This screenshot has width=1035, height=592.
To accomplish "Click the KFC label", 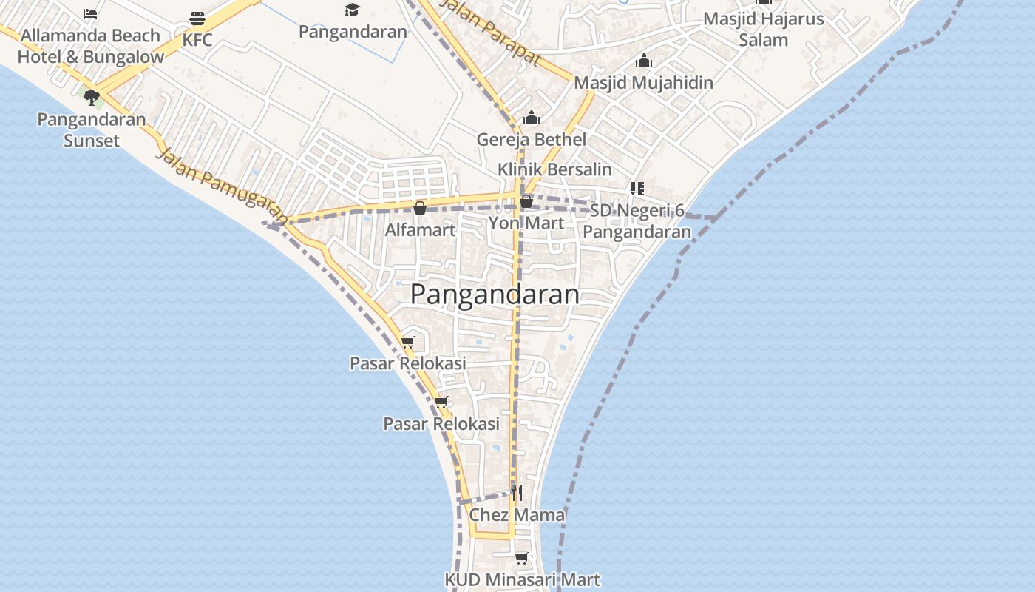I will tap(197, 40).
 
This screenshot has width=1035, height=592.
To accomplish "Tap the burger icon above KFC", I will tap(197, 18).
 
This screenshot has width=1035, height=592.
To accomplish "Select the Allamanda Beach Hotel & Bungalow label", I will tap(90, 46).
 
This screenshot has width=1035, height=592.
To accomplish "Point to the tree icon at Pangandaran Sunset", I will tap(92, 97).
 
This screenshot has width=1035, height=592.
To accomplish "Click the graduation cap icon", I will tap(352, 10).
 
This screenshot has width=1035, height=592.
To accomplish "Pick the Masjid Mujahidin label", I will tap(643, 82).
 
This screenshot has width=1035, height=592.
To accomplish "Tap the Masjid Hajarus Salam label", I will tap(763, 29).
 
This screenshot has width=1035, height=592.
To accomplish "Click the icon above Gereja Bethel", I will tap(531, 118).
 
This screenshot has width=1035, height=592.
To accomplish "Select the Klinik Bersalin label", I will tap(554, 169).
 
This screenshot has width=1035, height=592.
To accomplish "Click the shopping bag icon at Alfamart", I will tap(420, 208).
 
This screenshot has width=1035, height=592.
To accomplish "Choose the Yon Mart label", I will tap(526, 223).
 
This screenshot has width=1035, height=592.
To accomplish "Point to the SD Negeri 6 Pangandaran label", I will tap(637, 221).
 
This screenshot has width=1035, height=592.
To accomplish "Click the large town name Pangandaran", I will tap(495, 294).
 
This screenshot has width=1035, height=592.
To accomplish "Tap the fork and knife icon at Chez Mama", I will tap(517, 492).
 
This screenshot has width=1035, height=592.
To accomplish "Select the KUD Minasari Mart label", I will tap(522, 580).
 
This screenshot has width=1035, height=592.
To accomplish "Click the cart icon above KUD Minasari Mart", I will tap(522, 558).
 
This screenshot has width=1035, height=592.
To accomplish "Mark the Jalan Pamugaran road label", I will tap(222, 186).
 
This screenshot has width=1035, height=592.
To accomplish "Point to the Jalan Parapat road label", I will tap(489, 31).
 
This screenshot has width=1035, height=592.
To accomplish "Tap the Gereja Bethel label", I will tap(531, 140).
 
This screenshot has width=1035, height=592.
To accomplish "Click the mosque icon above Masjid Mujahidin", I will tap(644, 60).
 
